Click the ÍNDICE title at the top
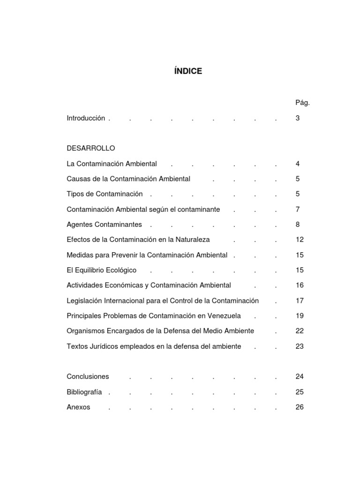coord(187,71)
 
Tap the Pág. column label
coord(302,103)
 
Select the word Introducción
coord(86,118)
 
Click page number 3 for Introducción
coord(298,118)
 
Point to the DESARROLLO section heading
coord(91,148)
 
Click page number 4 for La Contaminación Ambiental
coord(298,164)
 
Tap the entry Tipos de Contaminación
coord(105,194)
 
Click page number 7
coord(298,209)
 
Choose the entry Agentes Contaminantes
coord(104,225)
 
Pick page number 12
coord(300,240)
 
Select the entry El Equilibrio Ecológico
coord(102,270)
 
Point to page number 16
coord(300,285)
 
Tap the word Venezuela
coord(226,315)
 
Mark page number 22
coord(300,331)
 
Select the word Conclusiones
coord(88,376)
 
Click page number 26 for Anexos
coord(300,407)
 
